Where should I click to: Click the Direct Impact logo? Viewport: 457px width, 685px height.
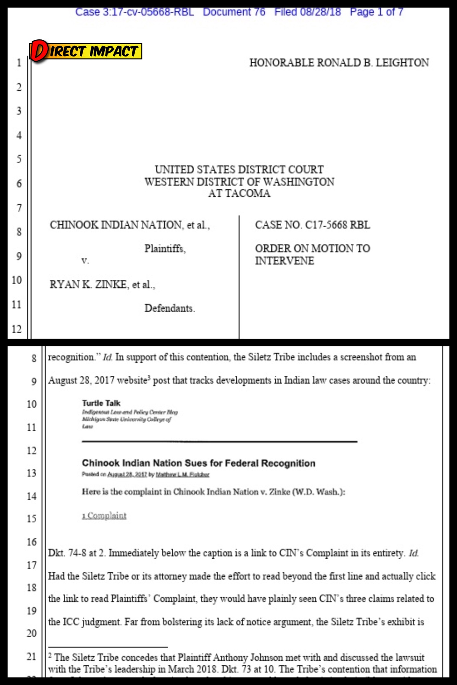click(86, 51)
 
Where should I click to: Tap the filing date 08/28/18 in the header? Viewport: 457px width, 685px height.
click(320, 12)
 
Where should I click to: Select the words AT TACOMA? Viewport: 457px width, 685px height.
click(239, 194)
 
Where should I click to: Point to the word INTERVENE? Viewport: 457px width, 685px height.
click(284, 261)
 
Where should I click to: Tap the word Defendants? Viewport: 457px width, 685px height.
click(170, 308)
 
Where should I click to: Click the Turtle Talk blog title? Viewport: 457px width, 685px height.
click(101, 403)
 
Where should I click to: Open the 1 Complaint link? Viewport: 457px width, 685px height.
click(104, 515)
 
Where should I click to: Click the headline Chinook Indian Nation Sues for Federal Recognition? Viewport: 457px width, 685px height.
click(198, 463)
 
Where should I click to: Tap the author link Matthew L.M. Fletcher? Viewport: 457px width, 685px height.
click(183, 474)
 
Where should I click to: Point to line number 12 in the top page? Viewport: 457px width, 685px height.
click(17, 329)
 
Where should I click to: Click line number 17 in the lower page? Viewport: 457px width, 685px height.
click(32, 565)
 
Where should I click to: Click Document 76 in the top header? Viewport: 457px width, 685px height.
click(234, 12)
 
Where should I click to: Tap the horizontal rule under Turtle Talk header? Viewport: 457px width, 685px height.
click(219, 441)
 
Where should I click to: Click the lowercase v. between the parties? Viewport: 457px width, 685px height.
click(85, 261)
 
